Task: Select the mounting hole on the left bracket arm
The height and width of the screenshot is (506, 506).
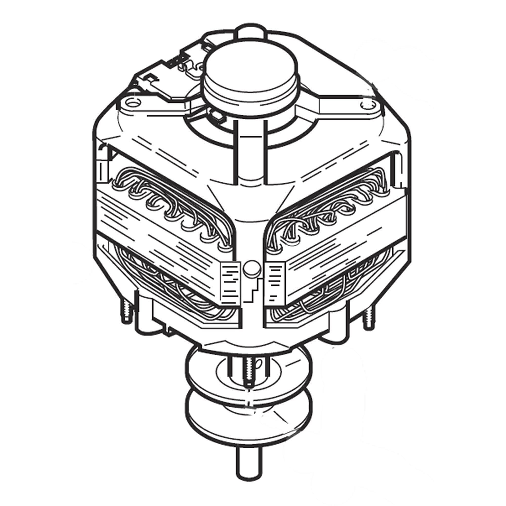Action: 134,103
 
